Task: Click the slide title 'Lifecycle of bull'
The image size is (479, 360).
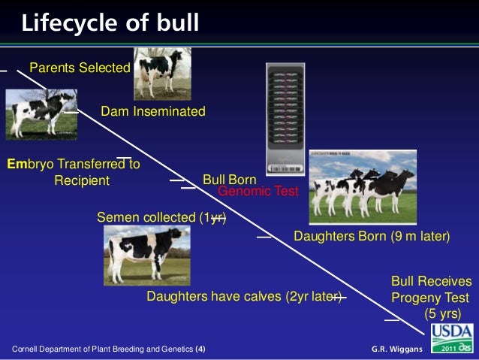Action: [x=110, y=23]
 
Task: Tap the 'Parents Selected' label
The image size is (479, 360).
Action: [x=80, y=68]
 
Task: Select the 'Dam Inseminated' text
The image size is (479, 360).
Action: [x=152, y=111]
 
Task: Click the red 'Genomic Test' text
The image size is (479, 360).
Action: [x=258, y=192]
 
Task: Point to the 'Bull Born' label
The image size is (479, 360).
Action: [x=230, y=180]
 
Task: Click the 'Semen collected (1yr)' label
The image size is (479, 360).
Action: [x=161, y=217]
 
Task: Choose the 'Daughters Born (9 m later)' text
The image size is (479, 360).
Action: [x=371, y=237]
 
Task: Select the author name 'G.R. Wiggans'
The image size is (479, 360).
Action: [x=397, y=349]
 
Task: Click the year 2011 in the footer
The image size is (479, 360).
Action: [x=449, y=350]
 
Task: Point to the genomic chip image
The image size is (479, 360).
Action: [x=286, y=116]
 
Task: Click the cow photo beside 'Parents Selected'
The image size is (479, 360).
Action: [x=163, y=73]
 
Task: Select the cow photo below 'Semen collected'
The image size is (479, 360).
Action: [x=147, y=256]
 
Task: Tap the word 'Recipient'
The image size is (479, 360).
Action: [x=82, y=180]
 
